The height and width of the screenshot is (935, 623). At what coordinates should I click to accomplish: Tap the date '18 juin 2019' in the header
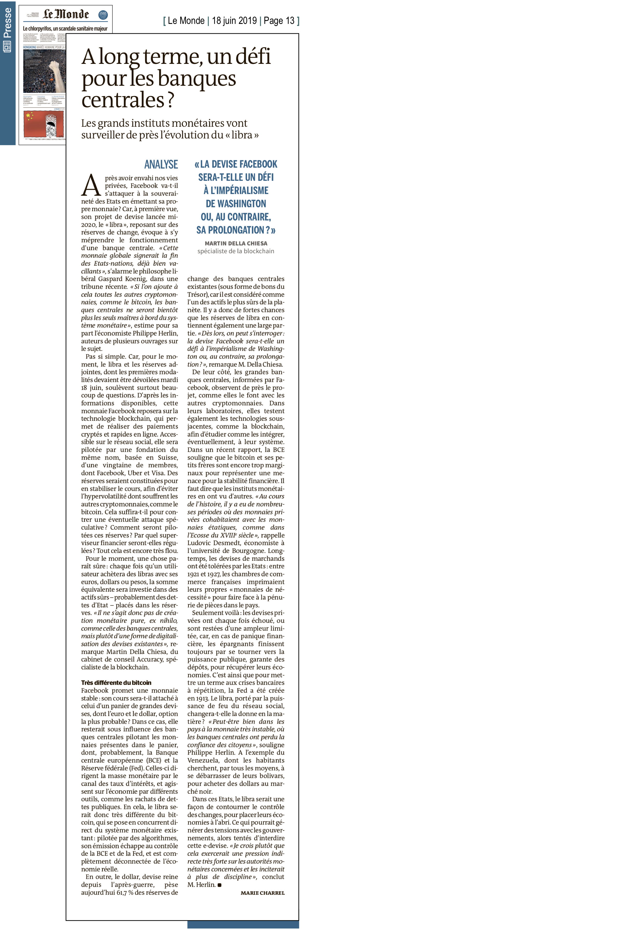pos(234,21)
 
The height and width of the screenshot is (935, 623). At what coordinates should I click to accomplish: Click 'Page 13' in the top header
pos(279,21)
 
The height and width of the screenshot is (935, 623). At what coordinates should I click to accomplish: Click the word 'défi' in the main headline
pos(253,56)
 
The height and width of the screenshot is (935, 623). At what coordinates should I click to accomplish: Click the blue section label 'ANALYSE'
pos(161,164)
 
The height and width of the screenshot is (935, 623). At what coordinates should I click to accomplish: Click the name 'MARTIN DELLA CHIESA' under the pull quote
pos(236,243)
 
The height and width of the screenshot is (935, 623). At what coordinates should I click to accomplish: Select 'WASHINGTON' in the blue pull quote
pos(236,204)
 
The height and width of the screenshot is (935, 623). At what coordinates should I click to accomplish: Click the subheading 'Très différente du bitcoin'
pos(116,683)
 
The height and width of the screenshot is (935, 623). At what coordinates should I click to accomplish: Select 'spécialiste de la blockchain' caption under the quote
pos(236,251)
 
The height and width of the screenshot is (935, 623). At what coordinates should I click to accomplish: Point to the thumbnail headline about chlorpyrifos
pos(65,29)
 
